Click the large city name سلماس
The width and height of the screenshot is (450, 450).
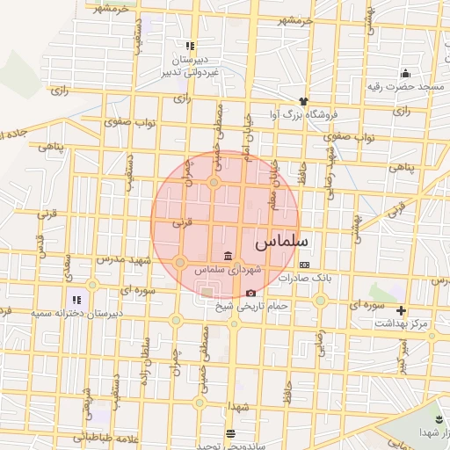[x=282, y=239]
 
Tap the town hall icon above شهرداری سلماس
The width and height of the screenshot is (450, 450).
[x=229, y=256]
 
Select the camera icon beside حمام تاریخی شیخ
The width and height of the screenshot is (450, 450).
[x=250, y=293]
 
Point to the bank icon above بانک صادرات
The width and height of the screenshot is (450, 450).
[x=304, y=265]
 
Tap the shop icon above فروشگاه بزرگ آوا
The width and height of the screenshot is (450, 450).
[x=303, y=101]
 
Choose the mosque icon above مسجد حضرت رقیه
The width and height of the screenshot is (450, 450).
[x=405, y=73]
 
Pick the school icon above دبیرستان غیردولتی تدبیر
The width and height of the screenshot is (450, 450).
[x=189, y=46]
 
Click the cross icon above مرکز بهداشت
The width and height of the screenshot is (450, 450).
[x=402, y=310]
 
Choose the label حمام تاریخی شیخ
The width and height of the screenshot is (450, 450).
[x=251, y=306]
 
